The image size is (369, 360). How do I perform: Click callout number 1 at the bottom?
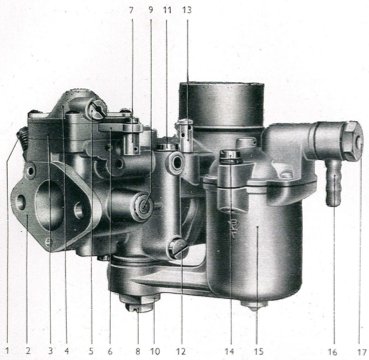8,351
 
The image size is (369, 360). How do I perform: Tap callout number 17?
361,351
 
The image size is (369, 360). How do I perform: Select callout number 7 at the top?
131,10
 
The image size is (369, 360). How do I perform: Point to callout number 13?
187,10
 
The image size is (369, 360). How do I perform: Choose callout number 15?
259,351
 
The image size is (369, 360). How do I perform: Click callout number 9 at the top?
151,10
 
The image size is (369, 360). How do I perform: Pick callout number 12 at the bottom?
181,351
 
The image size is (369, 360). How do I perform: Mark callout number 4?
67,351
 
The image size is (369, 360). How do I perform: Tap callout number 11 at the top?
167,10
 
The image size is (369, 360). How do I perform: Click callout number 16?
332,351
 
